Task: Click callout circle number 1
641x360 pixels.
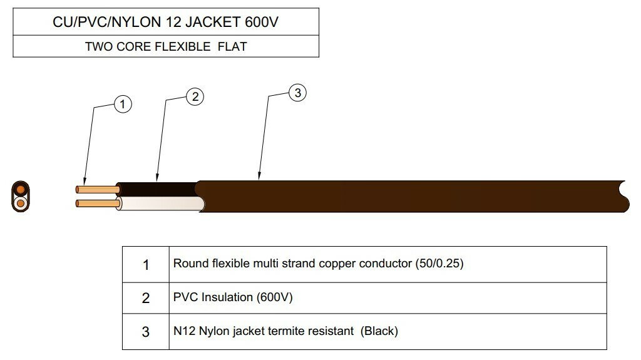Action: pyautogui.click(x=123, y=104)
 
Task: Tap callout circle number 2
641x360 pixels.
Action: pyautogui.click(x=195, y=96)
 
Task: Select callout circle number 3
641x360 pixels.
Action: pyautogui.click(x=297, y=93)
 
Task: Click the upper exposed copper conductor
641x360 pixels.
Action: pyautogui.click(x=97, y=189)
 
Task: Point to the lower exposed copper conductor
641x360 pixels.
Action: pyautogui.click(x=97, y=203)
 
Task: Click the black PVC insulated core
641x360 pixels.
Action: pyautogui.click(x=156, y=188)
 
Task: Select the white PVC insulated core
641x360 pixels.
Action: pyautogui.click(x=160, y=204)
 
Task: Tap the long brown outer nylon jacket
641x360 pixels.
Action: pyautogui.click(x=407, y=197)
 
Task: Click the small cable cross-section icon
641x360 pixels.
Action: pyautogui.click(x=21, y=197)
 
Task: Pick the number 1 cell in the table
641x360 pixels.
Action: pyautogui.click(x=146, y=265)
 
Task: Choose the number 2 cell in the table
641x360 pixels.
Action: pyautogui.click(x=146, y=298)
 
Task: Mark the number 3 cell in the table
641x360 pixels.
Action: pyautogui.click(x=146, y=332)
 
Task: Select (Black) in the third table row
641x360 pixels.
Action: pyautogui.click(x=379, y=331)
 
